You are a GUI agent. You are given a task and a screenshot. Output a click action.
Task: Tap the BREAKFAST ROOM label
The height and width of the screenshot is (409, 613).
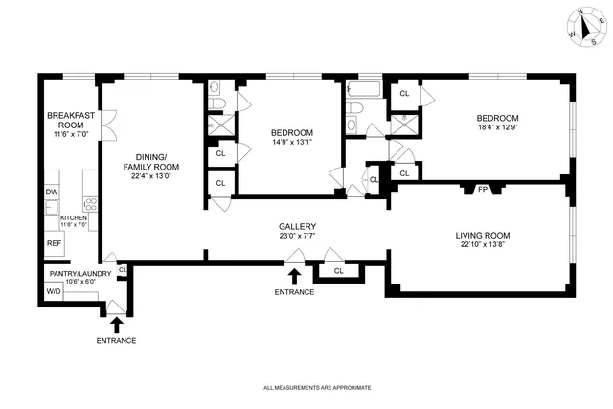71,120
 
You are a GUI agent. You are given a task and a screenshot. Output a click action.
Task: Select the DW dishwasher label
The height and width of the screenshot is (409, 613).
52,192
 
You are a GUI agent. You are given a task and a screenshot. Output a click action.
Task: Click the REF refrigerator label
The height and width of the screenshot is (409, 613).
54,243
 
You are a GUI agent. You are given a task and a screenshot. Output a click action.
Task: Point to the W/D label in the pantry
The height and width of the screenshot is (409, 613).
53,290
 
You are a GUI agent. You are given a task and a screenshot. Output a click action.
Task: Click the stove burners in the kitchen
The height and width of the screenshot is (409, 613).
92,203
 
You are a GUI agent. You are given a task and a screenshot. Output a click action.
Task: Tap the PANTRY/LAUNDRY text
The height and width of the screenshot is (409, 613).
74,273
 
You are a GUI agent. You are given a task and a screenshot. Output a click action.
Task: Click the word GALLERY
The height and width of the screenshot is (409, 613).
297,227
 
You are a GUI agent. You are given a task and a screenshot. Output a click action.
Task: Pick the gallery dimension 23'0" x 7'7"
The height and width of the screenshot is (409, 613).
297,238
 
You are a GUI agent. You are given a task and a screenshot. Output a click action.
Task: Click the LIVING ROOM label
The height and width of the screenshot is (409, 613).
482,235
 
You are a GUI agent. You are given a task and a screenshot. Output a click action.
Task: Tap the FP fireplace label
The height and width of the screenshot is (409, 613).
483,190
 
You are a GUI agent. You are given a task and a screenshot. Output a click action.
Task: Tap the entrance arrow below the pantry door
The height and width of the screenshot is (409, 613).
116,325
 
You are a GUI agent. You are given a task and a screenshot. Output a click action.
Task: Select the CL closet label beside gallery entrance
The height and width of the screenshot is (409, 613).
339,271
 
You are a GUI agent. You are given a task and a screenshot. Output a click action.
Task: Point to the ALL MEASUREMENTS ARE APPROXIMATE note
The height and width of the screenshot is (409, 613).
316,388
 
